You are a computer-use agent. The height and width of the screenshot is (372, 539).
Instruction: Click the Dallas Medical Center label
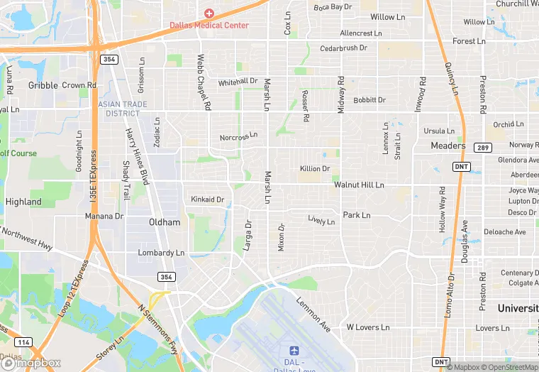(209, 26)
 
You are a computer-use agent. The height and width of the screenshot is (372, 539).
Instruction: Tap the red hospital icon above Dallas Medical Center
(209, 13)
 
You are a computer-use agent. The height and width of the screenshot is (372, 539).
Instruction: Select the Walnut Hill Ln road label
(359, 185)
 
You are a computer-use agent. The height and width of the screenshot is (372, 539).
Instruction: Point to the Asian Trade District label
(123, 109)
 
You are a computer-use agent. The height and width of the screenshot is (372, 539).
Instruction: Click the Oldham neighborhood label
(165, 222)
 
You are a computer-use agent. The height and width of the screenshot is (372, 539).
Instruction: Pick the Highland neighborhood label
(23, 202)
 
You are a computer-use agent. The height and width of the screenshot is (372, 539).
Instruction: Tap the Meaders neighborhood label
(448, 146)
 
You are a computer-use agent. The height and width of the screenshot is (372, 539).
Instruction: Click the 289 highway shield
(482, 148)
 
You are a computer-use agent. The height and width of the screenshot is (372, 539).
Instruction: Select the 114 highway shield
(23, 342)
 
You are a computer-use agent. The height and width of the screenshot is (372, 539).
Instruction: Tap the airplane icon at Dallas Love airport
(294, 350)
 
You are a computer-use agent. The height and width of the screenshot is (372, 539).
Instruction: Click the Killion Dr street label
(315, 169)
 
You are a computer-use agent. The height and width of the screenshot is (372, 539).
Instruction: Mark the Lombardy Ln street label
(161, 253)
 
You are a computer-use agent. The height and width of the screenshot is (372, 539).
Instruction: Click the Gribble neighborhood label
(43, 85)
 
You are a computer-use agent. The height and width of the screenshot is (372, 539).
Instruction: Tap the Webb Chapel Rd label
(204, 82)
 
